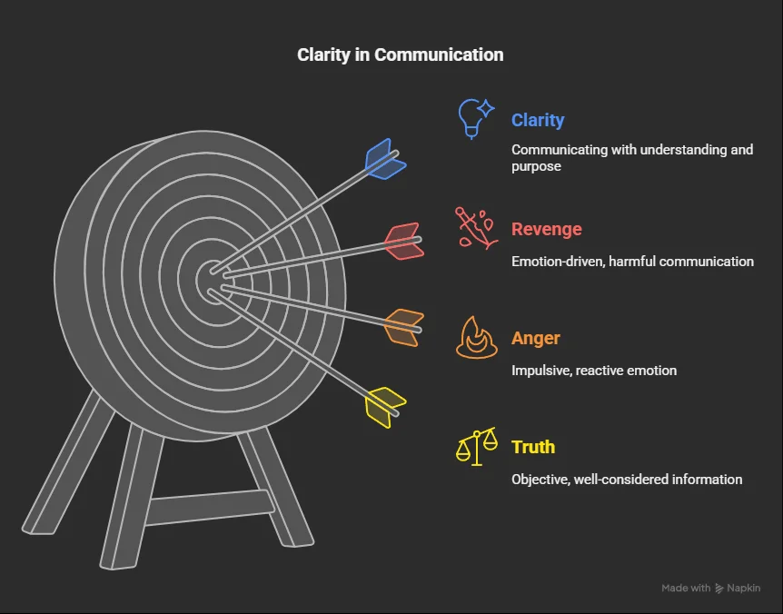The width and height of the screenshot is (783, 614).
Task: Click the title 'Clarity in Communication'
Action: (400, 54)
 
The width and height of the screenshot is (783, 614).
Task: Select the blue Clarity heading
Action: (538, 120)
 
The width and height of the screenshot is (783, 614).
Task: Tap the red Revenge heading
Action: (547, 229)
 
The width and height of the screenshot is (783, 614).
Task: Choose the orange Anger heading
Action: (536, 338)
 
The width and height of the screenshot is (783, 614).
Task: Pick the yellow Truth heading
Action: (533, 447)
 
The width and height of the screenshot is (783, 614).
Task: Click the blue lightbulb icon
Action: (475, 119)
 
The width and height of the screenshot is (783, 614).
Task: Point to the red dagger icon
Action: (476, 228)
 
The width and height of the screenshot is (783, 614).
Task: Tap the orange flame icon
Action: (477, 338)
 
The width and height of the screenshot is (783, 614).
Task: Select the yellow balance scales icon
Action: (477, 446)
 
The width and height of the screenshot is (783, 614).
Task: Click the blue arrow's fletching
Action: (385, 159)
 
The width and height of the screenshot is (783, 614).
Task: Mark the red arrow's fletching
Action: (404, 241)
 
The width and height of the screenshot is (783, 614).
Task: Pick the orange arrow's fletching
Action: (404, 328)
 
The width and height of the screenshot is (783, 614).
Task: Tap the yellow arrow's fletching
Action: (385, 407)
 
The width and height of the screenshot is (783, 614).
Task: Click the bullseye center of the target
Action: (214, 281)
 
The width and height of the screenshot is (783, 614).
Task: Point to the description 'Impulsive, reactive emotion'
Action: (594, 371)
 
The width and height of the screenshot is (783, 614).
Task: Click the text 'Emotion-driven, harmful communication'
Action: (633, 261)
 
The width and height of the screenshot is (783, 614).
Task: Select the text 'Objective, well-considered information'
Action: (627, 480)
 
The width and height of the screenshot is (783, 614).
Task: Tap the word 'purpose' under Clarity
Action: (536, 167)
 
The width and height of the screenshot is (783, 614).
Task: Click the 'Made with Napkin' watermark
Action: (711, 588)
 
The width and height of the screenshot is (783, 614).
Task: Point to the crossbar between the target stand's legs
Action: (210, 507)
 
